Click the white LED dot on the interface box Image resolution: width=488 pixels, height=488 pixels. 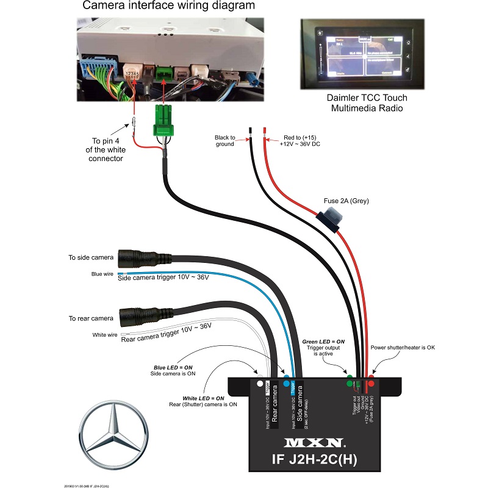click(260, 384)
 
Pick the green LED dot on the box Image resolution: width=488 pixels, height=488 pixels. click(350, 384)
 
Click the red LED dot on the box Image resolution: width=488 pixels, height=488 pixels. click(371, 384)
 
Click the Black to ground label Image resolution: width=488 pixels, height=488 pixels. click(229, 142)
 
